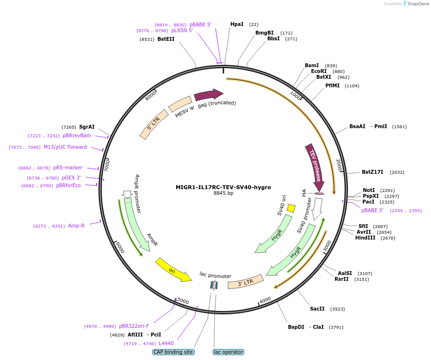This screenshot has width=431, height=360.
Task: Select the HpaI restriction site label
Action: coord(237,24)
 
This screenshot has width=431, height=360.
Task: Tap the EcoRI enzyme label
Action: coord(319,71)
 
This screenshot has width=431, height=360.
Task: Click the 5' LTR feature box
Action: coord(154,124)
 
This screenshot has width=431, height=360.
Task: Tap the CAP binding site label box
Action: coord(173,352)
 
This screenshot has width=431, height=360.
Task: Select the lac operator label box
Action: coord(228,352)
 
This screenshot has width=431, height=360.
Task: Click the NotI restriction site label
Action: coord(369,190)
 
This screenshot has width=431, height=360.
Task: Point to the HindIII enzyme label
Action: coord(365,238)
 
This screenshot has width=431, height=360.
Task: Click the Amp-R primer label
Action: coord(76,226)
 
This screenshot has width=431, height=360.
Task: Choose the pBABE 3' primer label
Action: coord(372,210)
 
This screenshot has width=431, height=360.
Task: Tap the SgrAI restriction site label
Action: coord(87,127)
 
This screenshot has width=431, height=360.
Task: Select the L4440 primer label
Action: coord(166,343)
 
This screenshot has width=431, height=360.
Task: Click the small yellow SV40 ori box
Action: coord(291,208)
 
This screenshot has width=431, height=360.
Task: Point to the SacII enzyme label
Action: coord(317,309)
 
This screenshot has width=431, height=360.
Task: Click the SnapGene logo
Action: coord(416,4)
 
